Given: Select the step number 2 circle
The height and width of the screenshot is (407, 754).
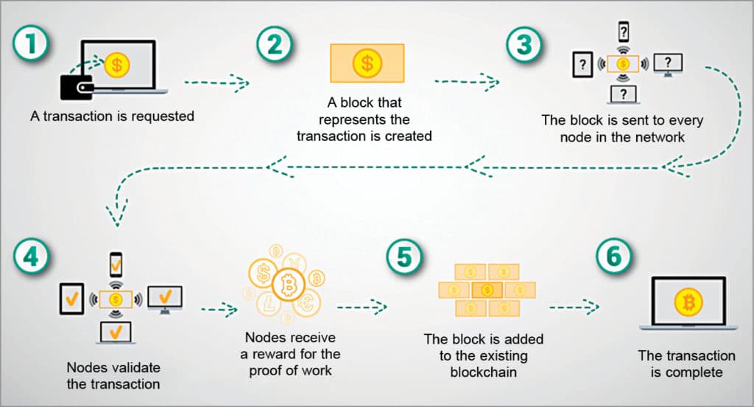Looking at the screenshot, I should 274,44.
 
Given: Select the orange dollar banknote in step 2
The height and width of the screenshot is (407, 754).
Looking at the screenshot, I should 367,63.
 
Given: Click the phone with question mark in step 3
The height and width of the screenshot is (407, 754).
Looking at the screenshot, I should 624,32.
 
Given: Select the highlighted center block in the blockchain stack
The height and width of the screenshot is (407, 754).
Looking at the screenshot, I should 486,290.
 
